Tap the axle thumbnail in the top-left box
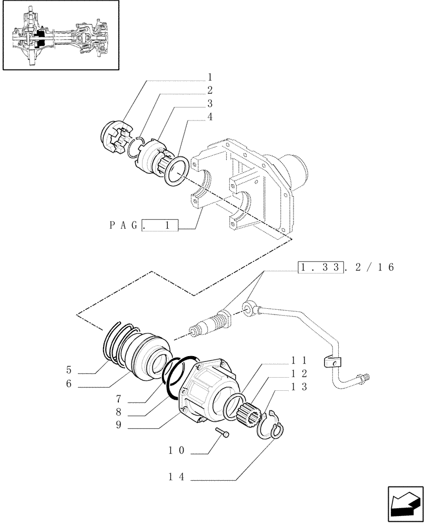point(58,36)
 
